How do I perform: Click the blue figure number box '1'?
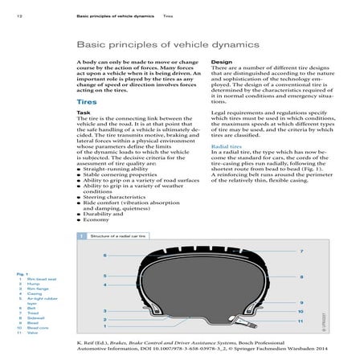click(81, 236)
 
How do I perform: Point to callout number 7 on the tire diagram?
click(301, 252)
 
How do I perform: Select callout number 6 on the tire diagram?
click(104, 256)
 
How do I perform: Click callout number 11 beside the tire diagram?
click(300, 321)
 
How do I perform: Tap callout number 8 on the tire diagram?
click(301, 276)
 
